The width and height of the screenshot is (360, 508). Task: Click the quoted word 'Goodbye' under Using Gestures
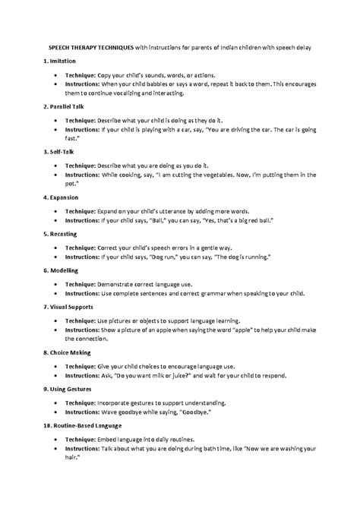[x=197, y=412]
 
